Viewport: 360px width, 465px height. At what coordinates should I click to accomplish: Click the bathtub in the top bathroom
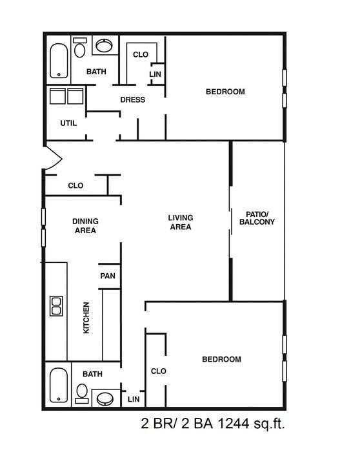59,60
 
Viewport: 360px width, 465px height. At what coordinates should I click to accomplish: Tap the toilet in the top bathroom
80,48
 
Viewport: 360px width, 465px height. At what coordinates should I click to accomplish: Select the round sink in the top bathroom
104,46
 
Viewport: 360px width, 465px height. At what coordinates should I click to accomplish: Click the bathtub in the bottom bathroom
58,386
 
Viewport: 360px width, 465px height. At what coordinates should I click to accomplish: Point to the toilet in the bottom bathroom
82,392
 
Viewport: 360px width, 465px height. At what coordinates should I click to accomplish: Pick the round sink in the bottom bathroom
104,398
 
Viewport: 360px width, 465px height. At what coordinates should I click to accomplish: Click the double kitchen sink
56,305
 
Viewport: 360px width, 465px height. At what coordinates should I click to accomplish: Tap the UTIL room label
69,123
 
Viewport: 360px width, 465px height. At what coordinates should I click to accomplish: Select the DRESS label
132,100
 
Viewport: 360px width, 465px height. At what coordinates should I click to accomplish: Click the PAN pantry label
107,276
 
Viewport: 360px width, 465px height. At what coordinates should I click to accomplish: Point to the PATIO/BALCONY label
257,218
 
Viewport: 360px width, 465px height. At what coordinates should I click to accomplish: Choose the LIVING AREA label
181,222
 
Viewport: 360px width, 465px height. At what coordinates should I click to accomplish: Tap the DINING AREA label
85,225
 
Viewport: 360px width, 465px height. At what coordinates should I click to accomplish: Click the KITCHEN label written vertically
86,318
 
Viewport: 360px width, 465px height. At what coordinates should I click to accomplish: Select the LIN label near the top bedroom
155,75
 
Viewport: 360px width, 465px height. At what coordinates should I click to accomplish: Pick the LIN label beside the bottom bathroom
134,400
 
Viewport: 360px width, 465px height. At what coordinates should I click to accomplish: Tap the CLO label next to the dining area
75,186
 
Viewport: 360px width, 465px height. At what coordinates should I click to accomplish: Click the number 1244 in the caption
234,424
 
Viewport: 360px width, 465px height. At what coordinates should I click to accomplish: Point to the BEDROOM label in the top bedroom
225,92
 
